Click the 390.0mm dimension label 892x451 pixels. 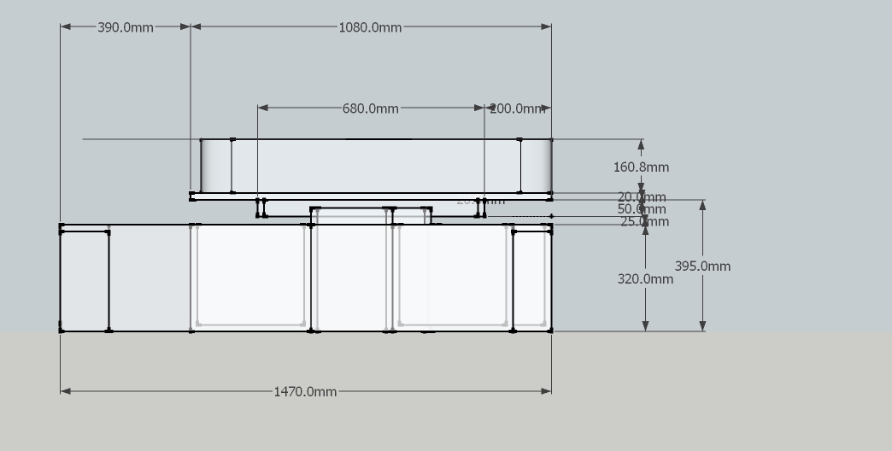(x=126, y=27)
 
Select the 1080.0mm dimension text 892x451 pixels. (x=370, y=27)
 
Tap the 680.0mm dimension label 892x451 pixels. (x=370, y=108)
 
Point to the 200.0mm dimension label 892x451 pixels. (x=517, y=108)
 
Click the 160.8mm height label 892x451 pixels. (x=641, y=167)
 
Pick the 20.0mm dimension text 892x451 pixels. (x=642, y=197)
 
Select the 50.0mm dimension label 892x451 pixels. (x=642, y=209)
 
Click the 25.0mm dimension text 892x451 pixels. (x=644, y=222)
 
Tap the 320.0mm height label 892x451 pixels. (x=645, y=278)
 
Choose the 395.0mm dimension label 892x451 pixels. (x=702, y=266)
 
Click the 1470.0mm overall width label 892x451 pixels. (x=305, y=392)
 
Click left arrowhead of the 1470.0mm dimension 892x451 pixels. (x=65, y=391)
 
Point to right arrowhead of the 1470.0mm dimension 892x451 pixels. (x=546, y=391)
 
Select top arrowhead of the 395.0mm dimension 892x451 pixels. (x=702, y=205)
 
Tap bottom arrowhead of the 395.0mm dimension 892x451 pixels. (x=702, y=325)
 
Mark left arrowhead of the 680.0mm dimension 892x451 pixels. (x=263, y=108)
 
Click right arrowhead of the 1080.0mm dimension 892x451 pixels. (x=546, y=26)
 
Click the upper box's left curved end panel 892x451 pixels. (x=216, y=166)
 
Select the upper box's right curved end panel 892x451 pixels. (x=536, y=166)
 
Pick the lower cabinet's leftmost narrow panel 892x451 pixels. (x=84, y=280)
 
